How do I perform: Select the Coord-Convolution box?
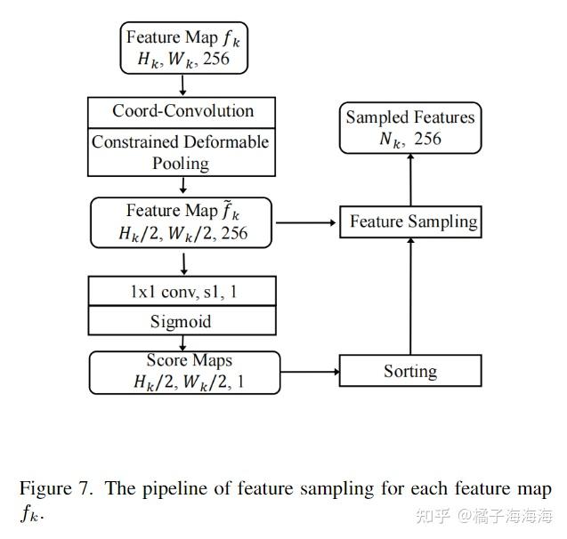coord(182,112)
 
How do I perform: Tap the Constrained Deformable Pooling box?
coord(182,152)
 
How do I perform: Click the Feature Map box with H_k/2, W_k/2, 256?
coord(182,221)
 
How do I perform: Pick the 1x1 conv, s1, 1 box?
coord(182,291)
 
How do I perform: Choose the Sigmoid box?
coord(182,320)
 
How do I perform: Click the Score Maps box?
coord(184,372)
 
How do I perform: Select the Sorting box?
coord(410,371)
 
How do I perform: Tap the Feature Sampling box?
coord(410,221)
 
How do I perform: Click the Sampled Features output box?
coord(410,127)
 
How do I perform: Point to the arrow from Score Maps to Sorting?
coord(309,371)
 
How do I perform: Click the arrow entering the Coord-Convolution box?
coord(182,84)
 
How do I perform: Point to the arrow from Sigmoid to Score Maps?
coord(182,342)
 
